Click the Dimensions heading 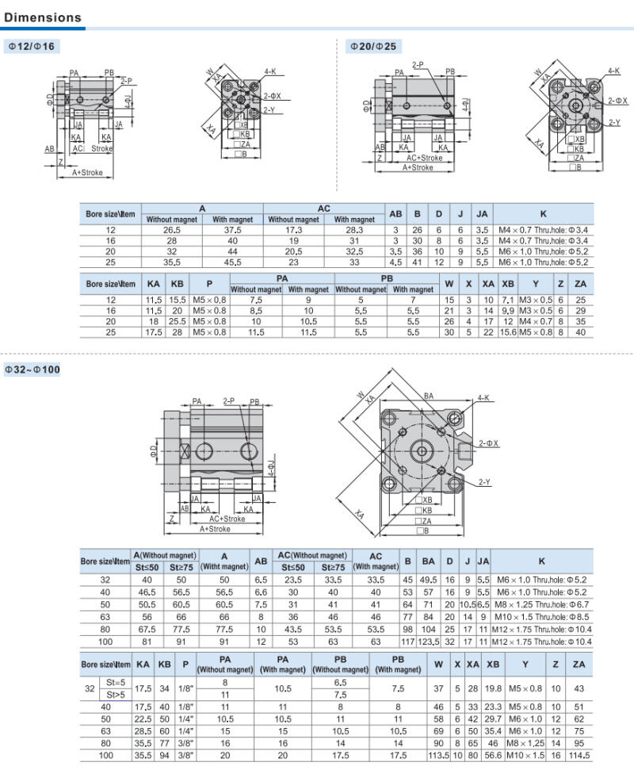coord(43,17)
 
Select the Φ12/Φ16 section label coord(32,47)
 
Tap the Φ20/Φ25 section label coord(373,47)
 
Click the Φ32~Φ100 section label coord(32,370)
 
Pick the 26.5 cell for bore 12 coord(172,230)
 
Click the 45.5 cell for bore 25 coord(232,262)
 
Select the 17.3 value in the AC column coord(293,230)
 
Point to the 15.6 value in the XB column coord(508,332)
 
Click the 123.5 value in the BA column coord(429,642)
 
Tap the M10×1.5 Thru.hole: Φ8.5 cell coord(542,617)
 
